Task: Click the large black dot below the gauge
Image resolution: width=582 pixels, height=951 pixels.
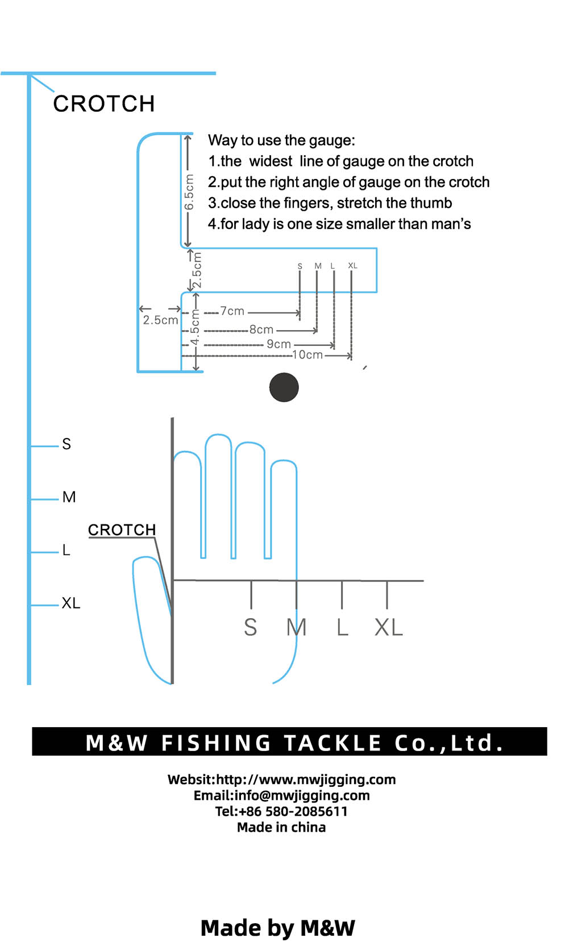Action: [284, 387]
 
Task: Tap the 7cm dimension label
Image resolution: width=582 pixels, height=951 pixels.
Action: [232, 311]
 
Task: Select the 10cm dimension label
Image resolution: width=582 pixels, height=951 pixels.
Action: [307, 354]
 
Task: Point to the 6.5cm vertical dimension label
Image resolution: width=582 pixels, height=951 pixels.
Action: [189, 192]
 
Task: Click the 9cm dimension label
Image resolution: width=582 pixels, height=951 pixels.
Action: [278, 344]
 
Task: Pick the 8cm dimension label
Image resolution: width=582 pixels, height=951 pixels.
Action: [261, 329]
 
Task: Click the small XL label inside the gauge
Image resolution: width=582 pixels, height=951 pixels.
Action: [352, 265]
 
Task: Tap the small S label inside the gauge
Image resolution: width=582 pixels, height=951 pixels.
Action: [300, 266]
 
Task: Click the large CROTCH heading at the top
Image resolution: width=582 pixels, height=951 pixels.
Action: [104, 103]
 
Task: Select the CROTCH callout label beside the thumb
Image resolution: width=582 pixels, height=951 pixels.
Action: [122, 529]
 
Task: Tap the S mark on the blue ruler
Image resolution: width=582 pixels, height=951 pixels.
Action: [66, 444]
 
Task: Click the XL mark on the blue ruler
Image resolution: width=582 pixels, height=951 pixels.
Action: [71, 603]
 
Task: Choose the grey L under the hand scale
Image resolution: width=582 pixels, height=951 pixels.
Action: [343, 627]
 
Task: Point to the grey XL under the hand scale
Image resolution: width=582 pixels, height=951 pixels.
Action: [389, 627]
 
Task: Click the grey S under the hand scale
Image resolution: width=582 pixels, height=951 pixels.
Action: [251, 627]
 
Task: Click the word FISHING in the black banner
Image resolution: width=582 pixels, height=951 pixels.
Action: [216, 744]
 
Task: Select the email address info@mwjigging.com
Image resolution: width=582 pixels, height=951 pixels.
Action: [302, 795]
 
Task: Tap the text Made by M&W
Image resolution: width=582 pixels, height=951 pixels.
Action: [278, 928]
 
